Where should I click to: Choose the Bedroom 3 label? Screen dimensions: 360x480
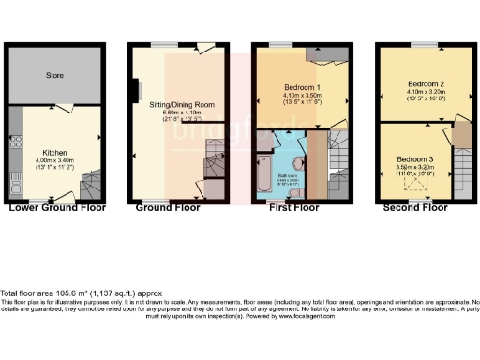413,158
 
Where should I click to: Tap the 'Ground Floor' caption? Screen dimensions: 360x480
170,207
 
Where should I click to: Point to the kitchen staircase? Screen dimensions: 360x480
89,181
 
